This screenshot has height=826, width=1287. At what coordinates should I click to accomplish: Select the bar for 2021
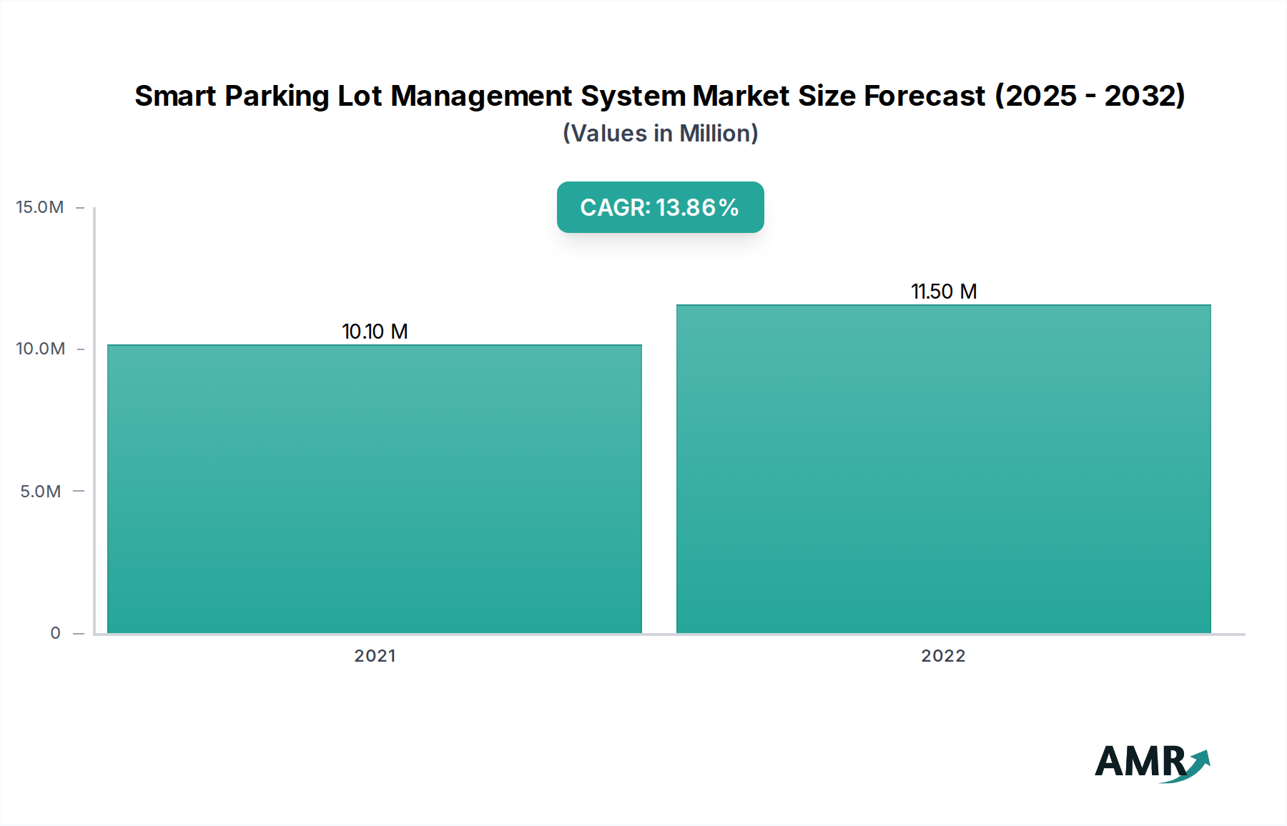point(375,489)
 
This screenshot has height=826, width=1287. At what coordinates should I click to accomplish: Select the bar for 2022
point(944,469)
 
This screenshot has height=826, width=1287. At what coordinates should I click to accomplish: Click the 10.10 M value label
point(375,332)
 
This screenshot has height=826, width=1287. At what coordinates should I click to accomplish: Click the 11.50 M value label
point(944,292)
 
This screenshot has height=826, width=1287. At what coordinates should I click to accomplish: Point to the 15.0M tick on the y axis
point(40,207)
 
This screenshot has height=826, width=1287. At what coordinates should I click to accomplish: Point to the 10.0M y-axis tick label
point(40,349)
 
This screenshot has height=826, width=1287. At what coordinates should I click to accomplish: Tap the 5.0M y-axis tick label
point(40,492)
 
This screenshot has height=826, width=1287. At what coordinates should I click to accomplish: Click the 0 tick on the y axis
point(55,633)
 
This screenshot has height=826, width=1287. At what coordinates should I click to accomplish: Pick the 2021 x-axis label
point(375,656)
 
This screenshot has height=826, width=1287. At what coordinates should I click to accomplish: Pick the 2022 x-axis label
point(943,656)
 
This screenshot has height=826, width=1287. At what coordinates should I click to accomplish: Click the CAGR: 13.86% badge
point(660,207)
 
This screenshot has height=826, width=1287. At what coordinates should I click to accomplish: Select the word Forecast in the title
point(924,96)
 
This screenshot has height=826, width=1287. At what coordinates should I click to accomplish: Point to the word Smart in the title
point(175,96)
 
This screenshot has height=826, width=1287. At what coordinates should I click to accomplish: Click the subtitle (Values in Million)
point(660,134)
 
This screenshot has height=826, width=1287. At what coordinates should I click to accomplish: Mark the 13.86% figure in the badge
point(697,207)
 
